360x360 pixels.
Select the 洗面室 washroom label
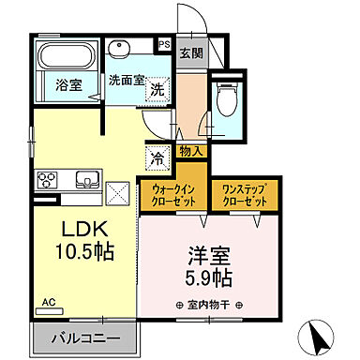[126, 81]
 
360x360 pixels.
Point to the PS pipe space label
[163, 43]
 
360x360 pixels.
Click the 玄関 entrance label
[191, 52]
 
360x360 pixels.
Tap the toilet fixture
[226, 97]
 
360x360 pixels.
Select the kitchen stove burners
[47, 179]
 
